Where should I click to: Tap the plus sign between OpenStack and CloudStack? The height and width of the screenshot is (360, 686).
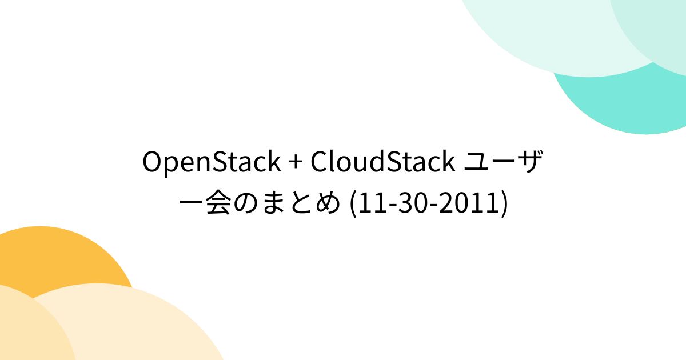pyautogui.click(x=295, y=163)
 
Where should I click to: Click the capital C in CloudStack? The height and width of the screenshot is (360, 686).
pyautogui.click(x=319, y=163)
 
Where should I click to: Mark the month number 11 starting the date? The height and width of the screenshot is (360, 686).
pyautogui.click(x=370, y=205)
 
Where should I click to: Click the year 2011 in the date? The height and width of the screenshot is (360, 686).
pyautogui.click(x=470, y=205)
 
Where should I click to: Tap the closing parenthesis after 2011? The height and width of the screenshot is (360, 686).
pyautogui.click(x=503, y=205)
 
